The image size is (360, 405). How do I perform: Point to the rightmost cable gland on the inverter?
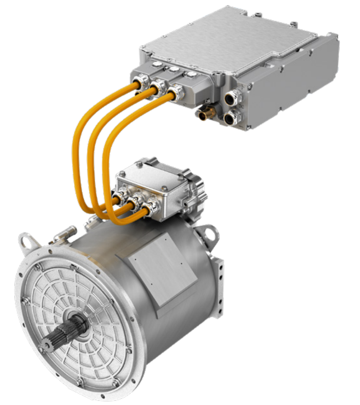[x=177, y=94]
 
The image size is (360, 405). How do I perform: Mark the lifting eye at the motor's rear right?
[x=210, y=233]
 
